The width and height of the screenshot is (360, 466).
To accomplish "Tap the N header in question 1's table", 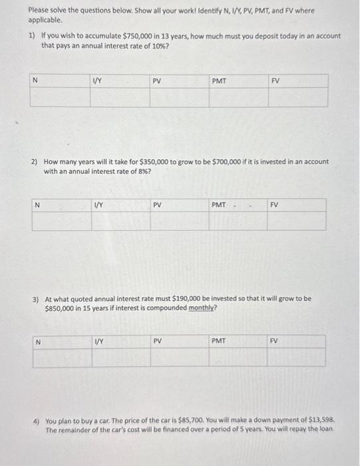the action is pos(35,81).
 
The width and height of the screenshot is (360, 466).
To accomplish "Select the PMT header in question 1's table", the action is pos(218,81).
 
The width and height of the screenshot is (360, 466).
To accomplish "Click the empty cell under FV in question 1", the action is pos(297,97).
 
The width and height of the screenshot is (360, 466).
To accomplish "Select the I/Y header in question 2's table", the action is pos(98,205).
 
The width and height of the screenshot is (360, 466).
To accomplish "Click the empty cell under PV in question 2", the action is pos(179,221).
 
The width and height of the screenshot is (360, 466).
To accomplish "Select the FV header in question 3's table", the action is pos(274,341).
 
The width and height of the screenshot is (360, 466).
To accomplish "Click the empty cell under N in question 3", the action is pos(63,358).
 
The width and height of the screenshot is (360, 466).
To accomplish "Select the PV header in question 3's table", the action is pos(158,341).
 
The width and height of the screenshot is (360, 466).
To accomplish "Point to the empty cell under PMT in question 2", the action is pos(238,221).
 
